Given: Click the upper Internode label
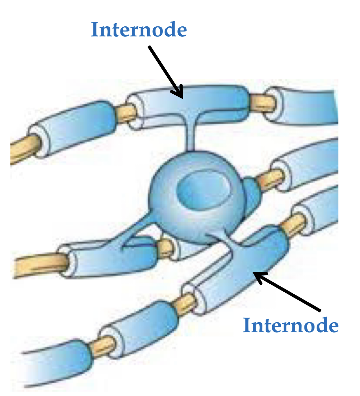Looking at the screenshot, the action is (139, 30).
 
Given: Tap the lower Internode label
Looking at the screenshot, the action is (291, 325).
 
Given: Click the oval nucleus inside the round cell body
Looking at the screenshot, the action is (203, 189).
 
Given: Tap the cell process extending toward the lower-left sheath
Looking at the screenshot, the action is (139, 229).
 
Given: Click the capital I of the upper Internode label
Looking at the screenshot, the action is (94, 30).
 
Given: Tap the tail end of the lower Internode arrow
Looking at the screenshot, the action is (320, 310).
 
